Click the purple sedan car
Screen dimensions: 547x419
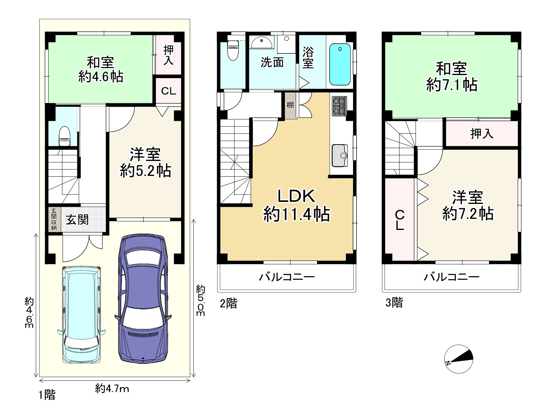pyautogui.click(x=143, y=298)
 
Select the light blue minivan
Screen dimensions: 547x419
pyautogui.click(x=81, y=315)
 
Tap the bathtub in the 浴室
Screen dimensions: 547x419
pyautogui.click(x=340, y=64)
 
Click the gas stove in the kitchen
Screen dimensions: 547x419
pyautogui.click(x=339, y=106)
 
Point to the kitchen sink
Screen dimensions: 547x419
pyautogui.click(x=340, y=156)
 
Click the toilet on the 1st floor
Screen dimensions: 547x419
pyautogui.click(x=64, y=136)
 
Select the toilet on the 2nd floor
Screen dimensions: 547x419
pyautogui.click(x=233, y=50)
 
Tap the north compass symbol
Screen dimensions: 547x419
pyautogui.click(x=458, y=359)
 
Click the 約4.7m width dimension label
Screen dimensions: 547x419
pyautogui.click(x=112, y=389)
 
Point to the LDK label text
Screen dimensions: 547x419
pyautogui.click(x=296, y=196)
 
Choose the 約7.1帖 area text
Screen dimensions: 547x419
pyautogui.click(x=452, y=85)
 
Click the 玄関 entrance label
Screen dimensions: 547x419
pyautogui.click(x=77, y=220)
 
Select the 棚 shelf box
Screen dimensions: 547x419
pyautogui.click(x=290, y=105)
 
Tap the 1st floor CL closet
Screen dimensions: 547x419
pyautogui.click(x=168, y=91)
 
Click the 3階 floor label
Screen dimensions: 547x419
pyautogui.click(x=394, y=302)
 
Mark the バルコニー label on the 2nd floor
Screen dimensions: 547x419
pyautogui.click(x=287, y=277)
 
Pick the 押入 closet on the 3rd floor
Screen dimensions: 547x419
pyautogui.click(x=482, y=133)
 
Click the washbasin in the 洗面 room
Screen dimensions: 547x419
pyautogui.click(x=262, y=42)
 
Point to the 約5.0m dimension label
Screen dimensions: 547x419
pyautogui.click(x=201, y=300)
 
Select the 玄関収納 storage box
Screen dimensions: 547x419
pyautogui.click(x=54, y=219)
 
